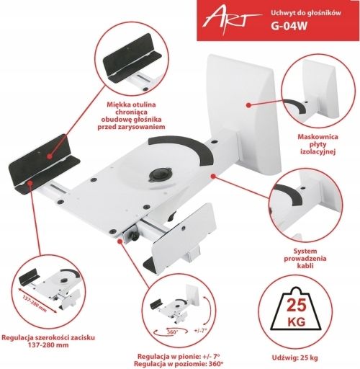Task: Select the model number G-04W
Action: (289, 26)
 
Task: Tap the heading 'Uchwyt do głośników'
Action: (306, 13)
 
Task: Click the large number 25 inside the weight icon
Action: (297, 306)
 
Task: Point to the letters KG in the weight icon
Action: (297, 321)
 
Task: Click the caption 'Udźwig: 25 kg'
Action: (294, 357)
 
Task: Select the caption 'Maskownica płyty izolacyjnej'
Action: (318, 144)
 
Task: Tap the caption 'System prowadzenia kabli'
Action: (305, 258)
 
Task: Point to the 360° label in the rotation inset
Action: (173, 332)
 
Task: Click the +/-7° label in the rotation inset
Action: (200, 330)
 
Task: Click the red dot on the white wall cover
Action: (249, 105)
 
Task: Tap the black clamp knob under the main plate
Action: (134, 236)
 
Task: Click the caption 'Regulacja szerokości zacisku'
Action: (48, 337)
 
